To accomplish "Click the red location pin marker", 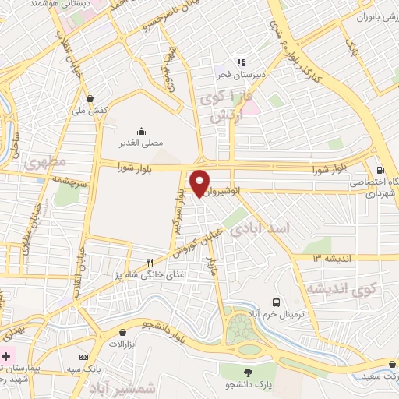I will (x=200, y=182).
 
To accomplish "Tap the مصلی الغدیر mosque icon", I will (x=141, y=130).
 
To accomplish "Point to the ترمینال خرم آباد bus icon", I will (x=275, y=302).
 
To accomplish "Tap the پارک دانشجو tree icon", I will (x=249, y=372).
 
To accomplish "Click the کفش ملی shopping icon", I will (x=91, y=99).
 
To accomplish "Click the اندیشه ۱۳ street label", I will (x=334, y=258).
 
